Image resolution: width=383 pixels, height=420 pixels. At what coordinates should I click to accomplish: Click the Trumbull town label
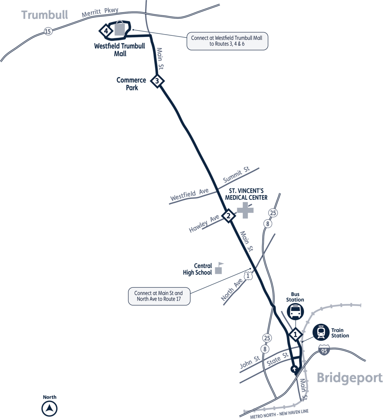click(x=45, y=15)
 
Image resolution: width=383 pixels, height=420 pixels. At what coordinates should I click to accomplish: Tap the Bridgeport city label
click(x=349, y=378)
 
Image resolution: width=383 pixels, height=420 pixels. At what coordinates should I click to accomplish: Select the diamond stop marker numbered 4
click(x=106, y=31)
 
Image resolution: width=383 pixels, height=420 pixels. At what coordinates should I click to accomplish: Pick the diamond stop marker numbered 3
click(x=157, y=81)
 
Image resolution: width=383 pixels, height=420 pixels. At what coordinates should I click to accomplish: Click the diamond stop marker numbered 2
click(x=228, y=216)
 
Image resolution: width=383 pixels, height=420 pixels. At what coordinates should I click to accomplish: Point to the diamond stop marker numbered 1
click(x=296, y=334)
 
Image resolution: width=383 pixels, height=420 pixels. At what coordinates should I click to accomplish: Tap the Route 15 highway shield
click(x=48, y=31)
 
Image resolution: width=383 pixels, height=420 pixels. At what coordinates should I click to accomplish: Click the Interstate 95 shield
click(x=324, y=350)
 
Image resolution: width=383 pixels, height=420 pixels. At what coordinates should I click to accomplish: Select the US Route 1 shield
click(x=248, y=275)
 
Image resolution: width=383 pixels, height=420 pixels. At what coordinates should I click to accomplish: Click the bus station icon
click(x=295, y=311)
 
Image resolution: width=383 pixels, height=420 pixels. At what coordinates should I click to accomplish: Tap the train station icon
click(x=321, y=332)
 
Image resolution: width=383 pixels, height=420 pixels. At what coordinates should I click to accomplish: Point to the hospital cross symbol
click(x=245, y=210)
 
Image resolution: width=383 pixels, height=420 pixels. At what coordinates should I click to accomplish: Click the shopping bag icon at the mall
click(x=120, y=28)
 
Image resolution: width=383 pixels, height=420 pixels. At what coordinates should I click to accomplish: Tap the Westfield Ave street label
click(x=189, y=195)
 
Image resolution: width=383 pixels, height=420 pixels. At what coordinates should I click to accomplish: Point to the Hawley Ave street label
click(x=204, y=224)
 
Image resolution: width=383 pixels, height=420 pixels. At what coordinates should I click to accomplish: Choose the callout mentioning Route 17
click(x=159, y=296)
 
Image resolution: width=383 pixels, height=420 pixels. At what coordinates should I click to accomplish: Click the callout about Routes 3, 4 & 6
click(x=227, y=41)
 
